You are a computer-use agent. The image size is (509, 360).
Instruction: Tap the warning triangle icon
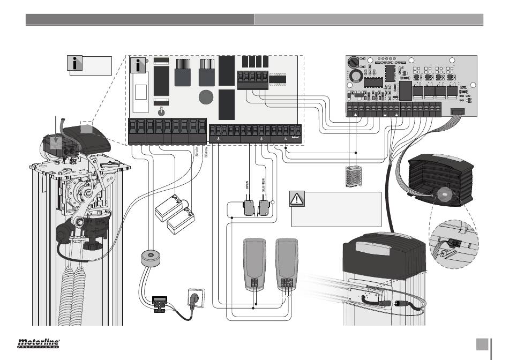[x=297, y=199]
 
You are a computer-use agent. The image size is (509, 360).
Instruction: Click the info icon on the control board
[x=138, y=66]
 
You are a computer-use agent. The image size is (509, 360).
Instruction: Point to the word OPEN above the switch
[x=248, y=187]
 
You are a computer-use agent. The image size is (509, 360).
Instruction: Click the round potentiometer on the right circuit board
[x=353, y=62]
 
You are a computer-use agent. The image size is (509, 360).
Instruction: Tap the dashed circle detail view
[x=453, y=243]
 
